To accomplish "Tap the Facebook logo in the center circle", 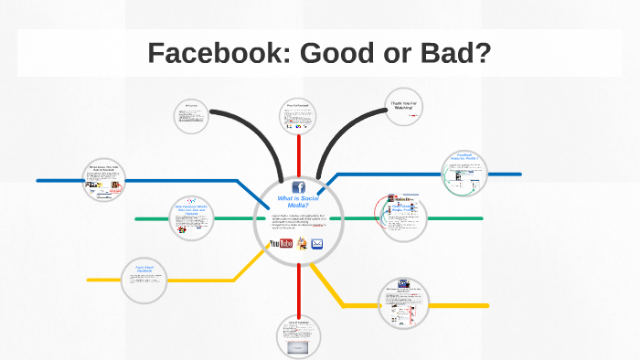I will click(x=299, y=186).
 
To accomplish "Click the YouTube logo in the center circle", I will click(x=282, y=243).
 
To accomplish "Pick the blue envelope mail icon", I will click(x=317, y=243).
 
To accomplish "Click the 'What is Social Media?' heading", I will click(x=299, y=202).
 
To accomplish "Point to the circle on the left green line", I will click(x=192, y=217).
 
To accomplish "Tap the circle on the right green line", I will click(x=403, y=217).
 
